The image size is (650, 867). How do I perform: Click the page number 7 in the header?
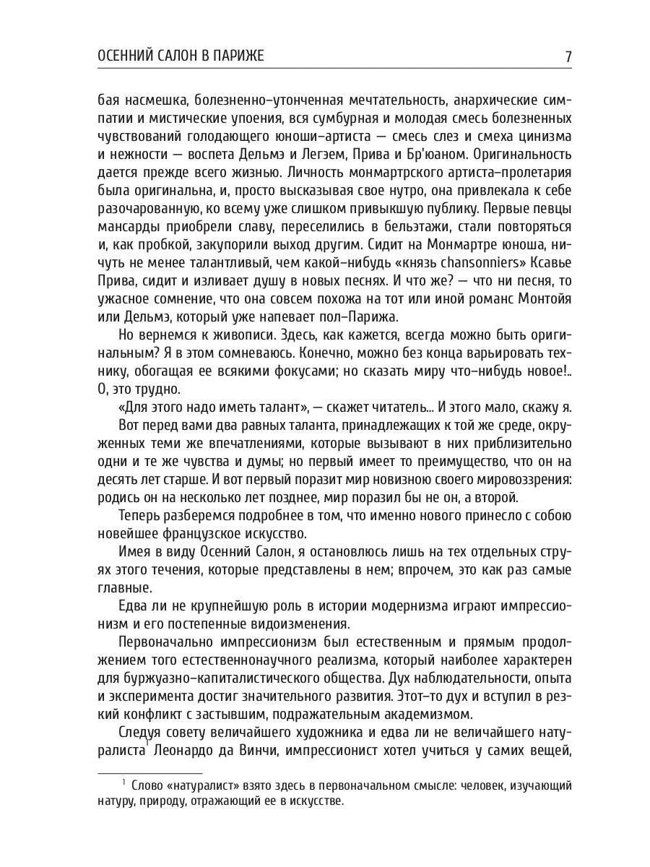coord(567,56)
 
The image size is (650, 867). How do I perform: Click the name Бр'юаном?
coord(425,154)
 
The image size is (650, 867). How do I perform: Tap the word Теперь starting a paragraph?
coord(142,516)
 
